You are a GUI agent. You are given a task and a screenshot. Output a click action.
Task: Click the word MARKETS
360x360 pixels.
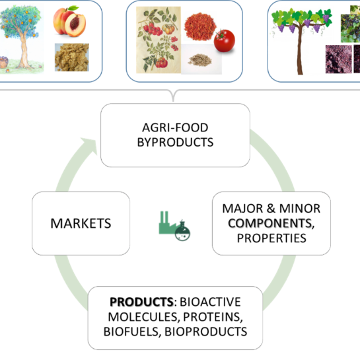[81, 223]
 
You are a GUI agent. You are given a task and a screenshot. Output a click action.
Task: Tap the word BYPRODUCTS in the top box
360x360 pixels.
[175, 142]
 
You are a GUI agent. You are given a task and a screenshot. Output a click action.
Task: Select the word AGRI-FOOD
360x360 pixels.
[175, 127]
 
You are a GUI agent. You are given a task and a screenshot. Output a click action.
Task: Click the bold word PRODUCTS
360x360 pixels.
[141, 302]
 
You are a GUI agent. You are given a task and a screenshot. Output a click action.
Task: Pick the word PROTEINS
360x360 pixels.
[213, 317]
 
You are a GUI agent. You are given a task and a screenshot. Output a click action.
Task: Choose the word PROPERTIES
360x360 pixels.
[271, 238]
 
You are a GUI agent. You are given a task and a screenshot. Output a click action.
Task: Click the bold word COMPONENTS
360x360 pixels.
[271, 223]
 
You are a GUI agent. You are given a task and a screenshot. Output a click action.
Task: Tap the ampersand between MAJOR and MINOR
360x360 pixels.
[271, 209]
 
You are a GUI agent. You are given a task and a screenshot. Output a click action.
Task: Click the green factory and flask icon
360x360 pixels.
[174, 226]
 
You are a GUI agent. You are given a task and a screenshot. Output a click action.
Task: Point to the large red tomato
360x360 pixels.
[224, 41]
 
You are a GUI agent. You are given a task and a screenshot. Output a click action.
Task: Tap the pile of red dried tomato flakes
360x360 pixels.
[199, 27]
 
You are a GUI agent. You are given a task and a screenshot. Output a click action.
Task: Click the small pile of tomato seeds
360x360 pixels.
[200, 60]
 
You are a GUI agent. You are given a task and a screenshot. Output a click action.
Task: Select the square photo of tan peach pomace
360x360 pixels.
[72, 57]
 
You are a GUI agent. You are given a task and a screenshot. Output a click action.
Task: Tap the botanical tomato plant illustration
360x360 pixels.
[159, 40]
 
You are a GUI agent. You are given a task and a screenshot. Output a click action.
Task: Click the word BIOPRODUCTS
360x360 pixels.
[205, 332]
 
